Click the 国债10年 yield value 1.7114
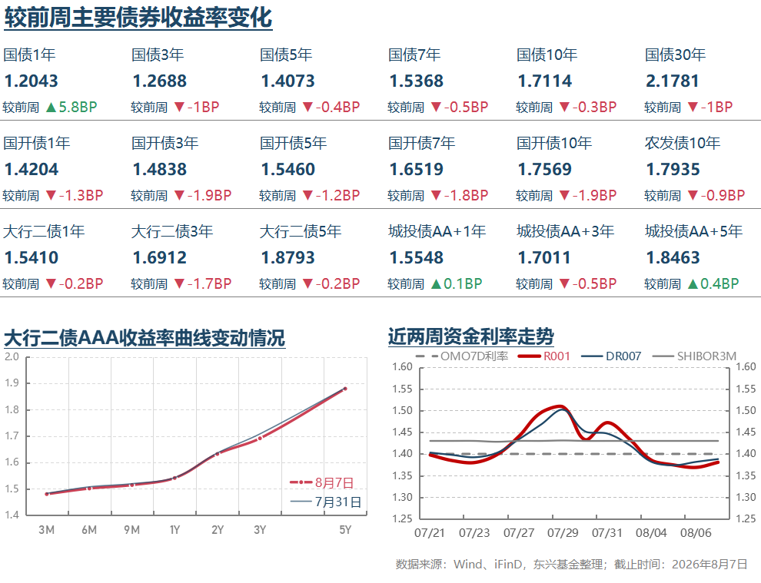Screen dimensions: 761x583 (544, 81)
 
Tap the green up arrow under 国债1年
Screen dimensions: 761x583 (51, 108)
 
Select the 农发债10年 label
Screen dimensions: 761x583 (683, 143)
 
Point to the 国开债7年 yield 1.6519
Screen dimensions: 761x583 (417, 169)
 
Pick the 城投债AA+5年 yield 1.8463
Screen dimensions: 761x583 (673, 257)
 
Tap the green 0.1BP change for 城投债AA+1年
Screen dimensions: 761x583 (463, 283)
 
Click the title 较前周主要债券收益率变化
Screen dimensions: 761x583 (138, 18)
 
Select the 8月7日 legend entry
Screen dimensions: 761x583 (322, 482)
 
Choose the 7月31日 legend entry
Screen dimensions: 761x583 (326, 502)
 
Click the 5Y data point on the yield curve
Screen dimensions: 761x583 (345, 389)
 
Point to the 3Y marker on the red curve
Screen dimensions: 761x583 (260, 438)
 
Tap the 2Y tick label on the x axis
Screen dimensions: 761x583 (218, 530)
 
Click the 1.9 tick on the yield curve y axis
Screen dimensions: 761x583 (12, 383)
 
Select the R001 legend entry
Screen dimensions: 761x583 (544, 356)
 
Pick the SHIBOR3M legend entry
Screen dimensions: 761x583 (695, 356)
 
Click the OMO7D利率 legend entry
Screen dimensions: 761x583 (462, 356)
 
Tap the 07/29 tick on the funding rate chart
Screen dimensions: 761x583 (563, 533)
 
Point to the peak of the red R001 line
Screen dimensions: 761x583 (560, 406)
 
